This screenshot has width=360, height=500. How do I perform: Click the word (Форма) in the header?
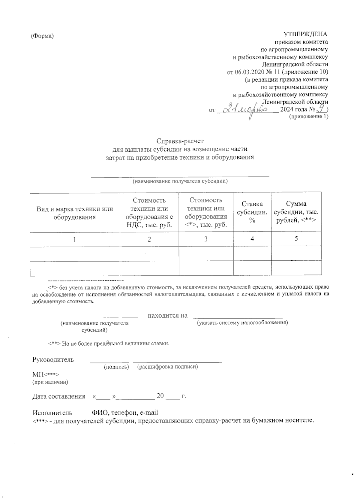pyautogui.click(x=42, y=36)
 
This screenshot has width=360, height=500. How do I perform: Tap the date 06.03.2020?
pyautogui.click(x=249, y=72)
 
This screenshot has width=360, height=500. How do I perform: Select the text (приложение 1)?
pyautogui.click(x=308, y=117)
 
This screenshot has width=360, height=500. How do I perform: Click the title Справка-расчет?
pyautogui.click(x=180, y=141)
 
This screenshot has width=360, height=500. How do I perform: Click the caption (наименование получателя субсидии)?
pyautogui.click(x=180, y=181)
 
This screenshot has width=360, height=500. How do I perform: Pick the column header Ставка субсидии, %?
pyautogui.click(x=252, y=212)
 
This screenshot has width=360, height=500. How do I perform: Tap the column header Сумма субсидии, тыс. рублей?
pyautogui.click(x=296, y=212)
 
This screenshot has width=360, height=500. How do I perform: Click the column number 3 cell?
pyautogui.click(x=206, y=239)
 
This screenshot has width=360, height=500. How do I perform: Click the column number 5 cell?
pyautogui.click(x=296, y=239)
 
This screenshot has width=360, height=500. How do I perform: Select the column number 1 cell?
pyautogui.click(x=75, y=240)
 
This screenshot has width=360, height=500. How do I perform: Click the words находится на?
pyautogui.click(x=168, y=316)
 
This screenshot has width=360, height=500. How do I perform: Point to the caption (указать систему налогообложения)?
pyautogui.click(x=242, y=323)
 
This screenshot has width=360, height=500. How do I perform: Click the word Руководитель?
pyautogui.click(x=53, y=360)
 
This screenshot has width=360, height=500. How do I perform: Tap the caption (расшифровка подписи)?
pyautogui.click(x=167, y=367)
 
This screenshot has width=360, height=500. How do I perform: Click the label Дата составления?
pyautogui.click(x=59, y=396)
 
